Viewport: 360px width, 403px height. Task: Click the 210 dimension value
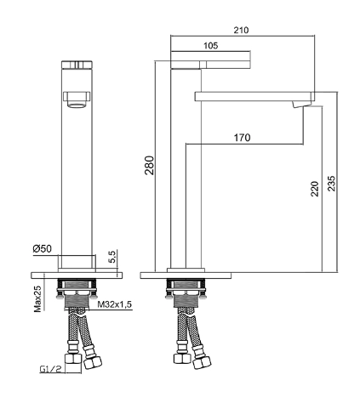point(241,30)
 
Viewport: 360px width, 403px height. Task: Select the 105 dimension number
point(211,45)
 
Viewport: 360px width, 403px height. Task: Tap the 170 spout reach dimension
point(242,138)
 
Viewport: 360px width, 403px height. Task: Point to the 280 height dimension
point(149,165)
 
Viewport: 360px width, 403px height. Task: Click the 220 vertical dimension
point(315,189)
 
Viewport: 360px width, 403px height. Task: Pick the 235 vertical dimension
point(331,184)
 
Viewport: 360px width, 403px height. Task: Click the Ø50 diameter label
point(43,249)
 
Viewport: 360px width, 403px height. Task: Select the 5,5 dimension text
point(112,257)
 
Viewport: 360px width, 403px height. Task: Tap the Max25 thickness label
point(37,299)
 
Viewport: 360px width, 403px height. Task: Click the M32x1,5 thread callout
point(115,304)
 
